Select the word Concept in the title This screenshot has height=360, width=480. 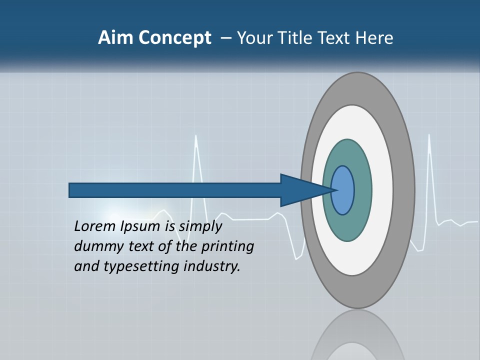coord(174,38)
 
